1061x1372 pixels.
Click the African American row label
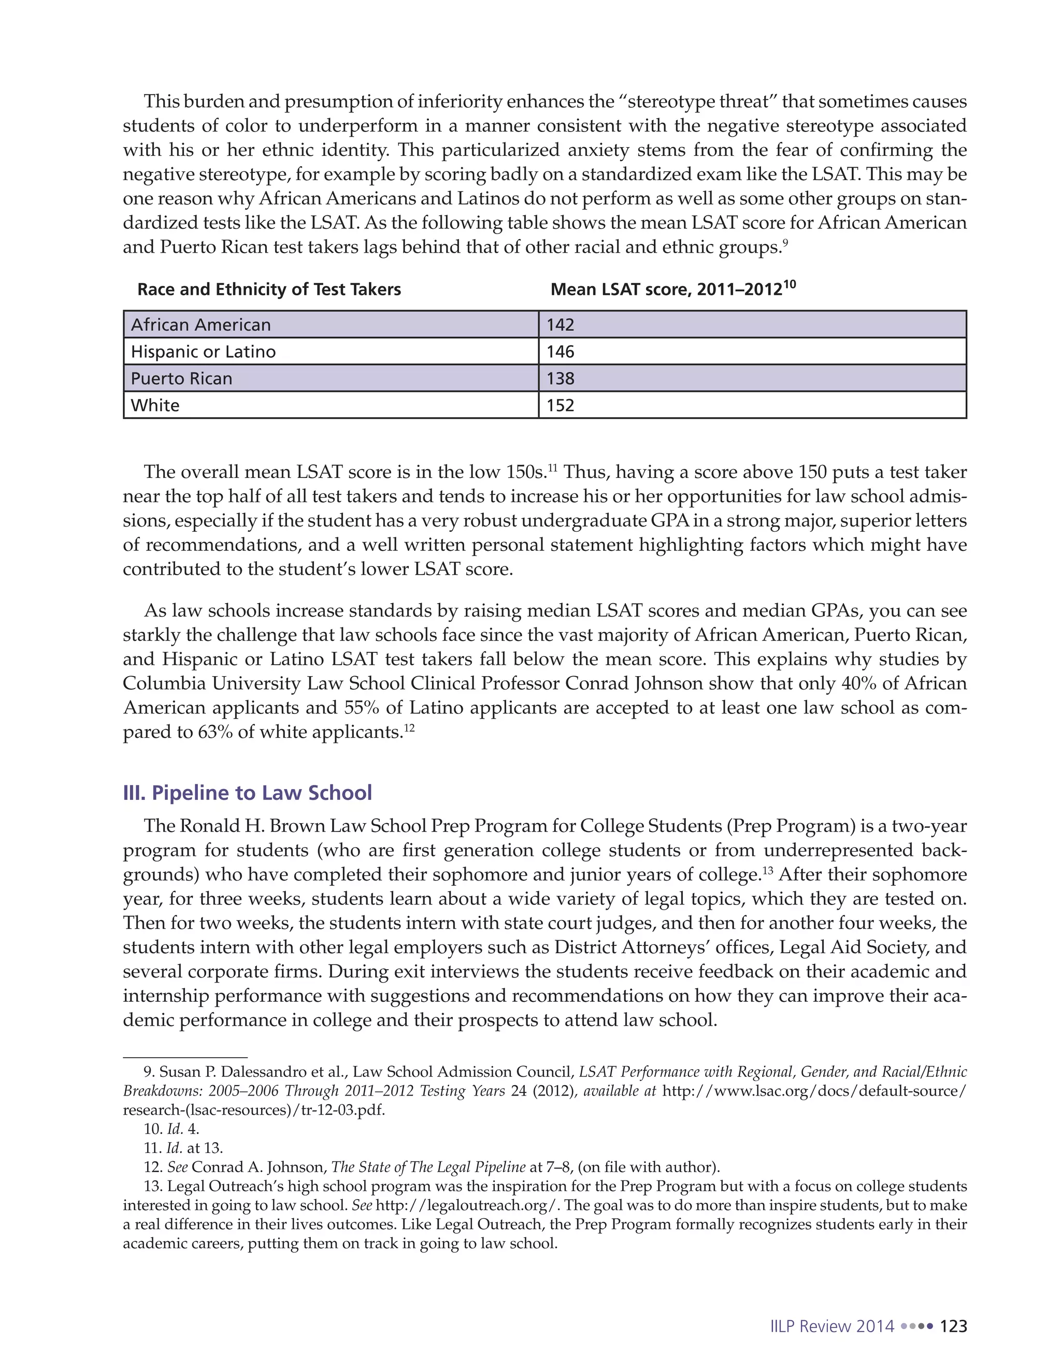click(200, 325)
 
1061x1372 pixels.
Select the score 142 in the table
click(560, 325)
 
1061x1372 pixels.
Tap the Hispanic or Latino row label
click(203, 352)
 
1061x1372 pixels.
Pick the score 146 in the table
click(560, 352)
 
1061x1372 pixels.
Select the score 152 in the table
click(560, 405)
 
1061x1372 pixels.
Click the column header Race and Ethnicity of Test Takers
click(269, 289)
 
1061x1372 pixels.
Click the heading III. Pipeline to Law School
click(247, 793)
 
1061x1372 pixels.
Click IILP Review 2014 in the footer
click(831, 1326)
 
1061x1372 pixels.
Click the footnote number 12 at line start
click(152, 1167)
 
